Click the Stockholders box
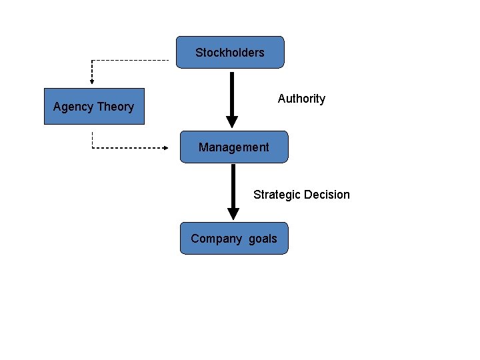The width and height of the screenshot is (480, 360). point(230,52)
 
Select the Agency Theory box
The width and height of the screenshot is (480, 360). point(93,106)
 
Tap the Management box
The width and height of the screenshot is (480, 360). point(233,147)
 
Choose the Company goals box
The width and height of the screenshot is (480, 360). point(233,238)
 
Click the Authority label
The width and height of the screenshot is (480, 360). point(301,99)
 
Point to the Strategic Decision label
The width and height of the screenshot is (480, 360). point(301,195)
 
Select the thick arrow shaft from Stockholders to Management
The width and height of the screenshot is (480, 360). point(231,93)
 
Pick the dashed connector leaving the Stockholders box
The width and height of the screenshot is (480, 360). point(133,60)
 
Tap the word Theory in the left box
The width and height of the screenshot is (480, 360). point(115,107)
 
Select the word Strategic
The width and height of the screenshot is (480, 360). point(277,195)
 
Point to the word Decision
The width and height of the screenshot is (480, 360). point(327,195)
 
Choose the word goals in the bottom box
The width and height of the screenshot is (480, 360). point(263,239)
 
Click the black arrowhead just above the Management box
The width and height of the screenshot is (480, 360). point(231,122)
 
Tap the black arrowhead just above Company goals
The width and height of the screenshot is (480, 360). point(233,213)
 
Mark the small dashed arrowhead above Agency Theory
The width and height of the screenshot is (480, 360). point(92,81)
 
